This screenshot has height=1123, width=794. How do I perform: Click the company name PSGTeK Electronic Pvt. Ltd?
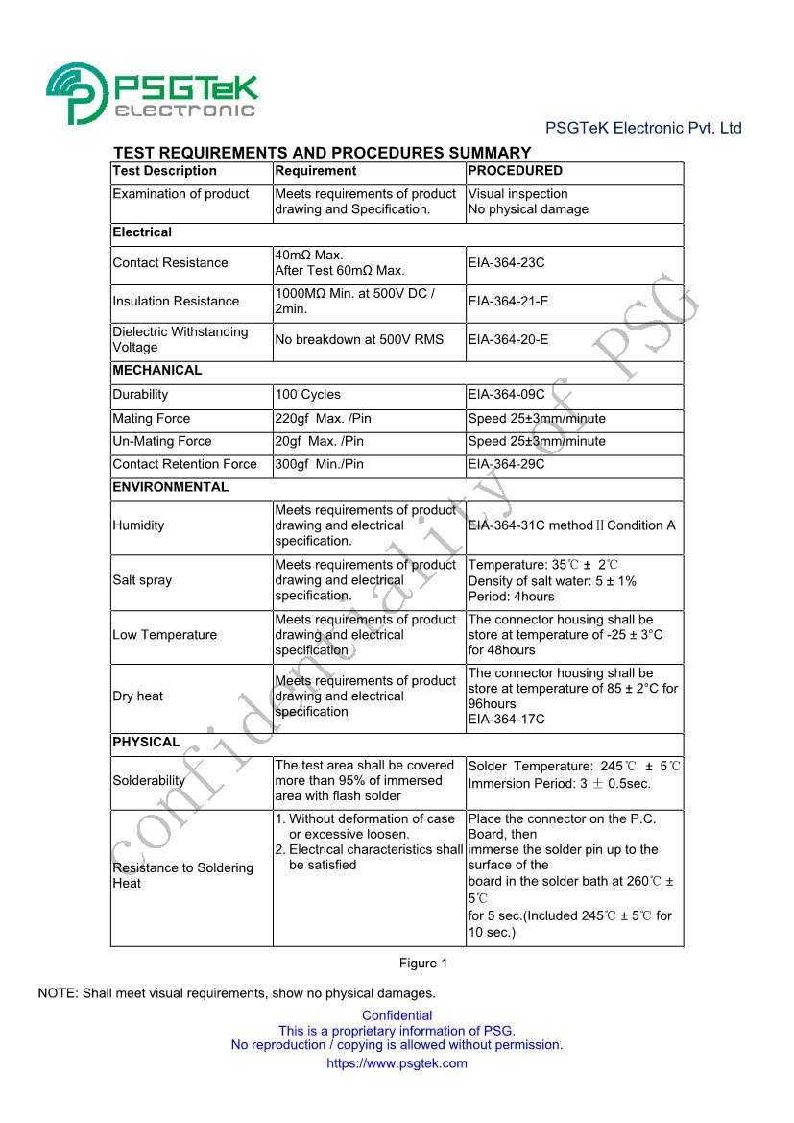pos(643,128)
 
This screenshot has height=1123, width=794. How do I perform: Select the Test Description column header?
pos(165,171)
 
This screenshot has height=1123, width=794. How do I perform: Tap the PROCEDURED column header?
pos(515,171)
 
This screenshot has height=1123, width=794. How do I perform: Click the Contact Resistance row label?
pos(170,263)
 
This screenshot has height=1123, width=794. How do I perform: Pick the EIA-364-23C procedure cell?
pos(506,263)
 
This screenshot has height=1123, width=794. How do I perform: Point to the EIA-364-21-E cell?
pos(508,302)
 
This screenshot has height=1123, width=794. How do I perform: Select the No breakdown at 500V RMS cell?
pos(359,340)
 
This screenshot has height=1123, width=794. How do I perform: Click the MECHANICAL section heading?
pos(157,371)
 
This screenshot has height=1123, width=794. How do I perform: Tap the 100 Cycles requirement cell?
pos(307,395)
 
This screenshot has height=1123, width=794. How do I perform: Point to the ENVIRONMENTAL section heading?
pos(170,488)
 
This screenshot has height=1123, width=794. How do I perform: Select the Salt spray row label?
pos(142,581)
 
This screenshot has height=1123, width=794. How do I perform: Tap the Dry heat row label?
pos(137,696)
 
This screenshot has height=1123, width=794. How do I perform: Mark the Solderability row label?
pos(148,781)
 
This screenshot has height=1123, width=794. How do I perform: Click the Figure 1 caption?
pos(423,964)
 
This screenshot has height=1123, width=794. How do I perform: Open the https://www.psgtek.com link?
pos(397,1063)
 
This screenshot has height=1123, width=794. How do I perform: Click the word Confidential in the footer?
pos(397,1015)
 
